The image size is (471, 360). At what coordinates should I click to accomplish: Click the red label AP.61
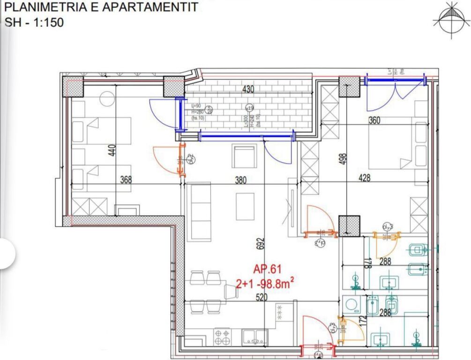[267, 270]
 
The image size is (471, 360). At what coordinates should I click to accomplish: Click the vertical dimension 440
[112, 150]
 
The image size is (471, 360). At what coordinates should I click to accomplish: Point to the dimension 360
[374, 120]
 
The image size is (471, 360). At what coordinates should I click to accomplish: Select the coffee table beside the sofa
[245, 207]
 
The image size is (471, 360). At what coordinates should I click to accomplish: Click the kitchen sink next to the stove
[254, 336]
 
